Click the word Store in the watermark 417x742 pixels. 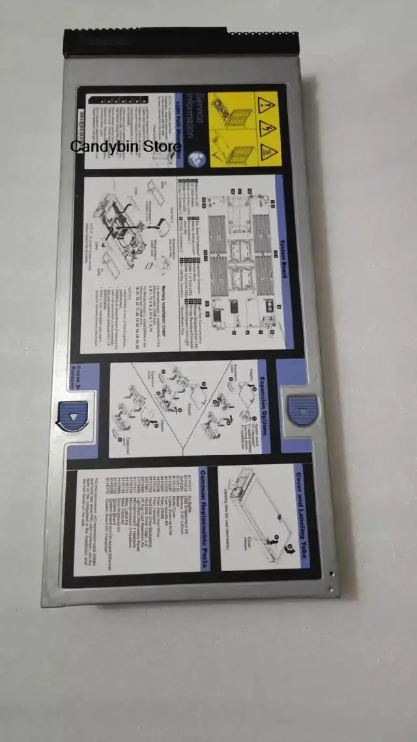coord(164,146)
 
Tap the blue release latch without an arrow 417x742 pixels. coord(302,410)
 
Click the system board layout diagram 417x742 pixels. coord(241,254)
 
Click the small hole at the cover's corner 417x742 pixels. coord(331,574)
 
